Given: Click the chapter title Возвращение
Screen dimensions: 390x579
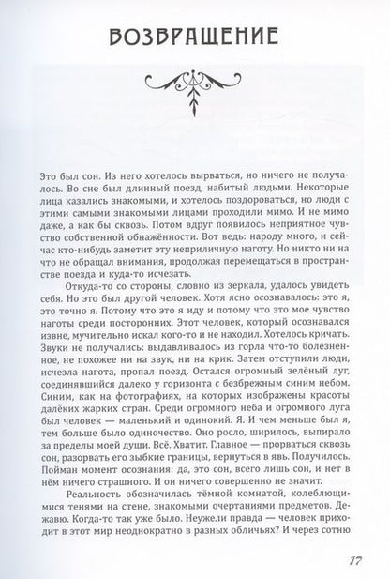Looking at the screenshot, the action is [193, 38].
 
